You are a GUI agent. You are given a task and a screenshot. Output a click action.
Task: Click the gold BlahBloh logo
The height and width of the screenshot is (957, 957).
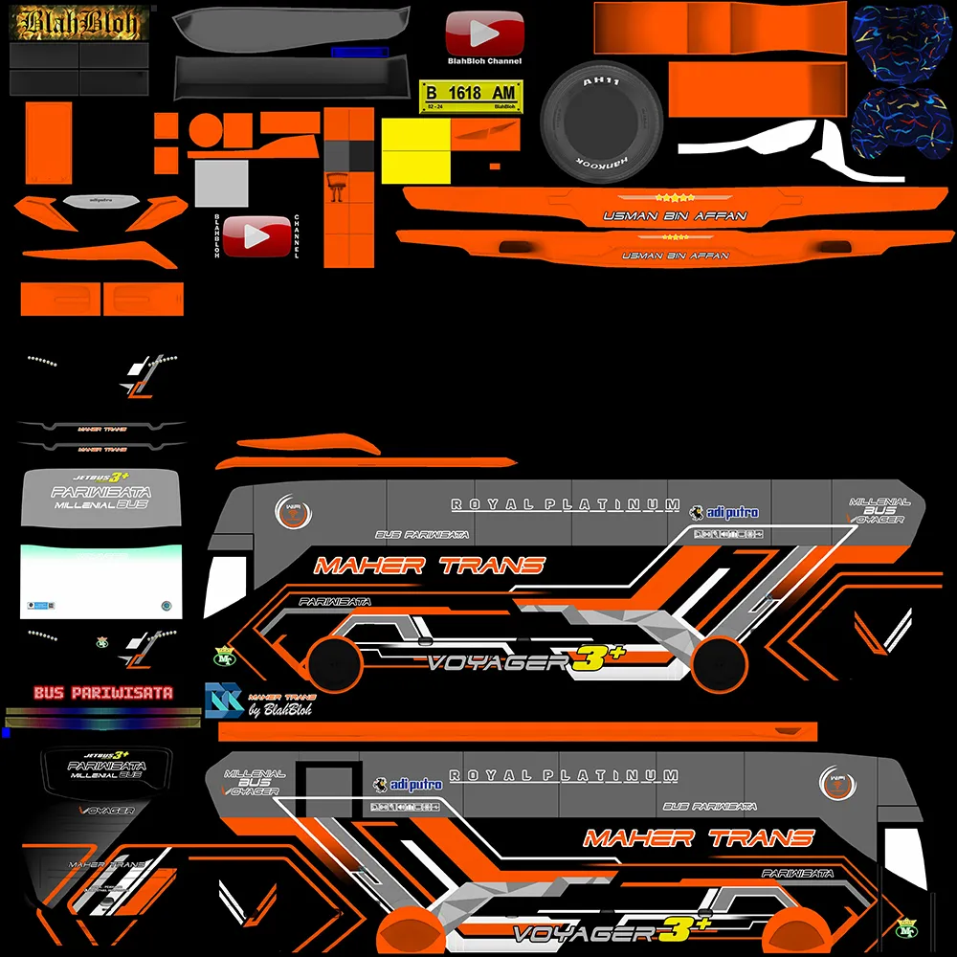pos(81,23)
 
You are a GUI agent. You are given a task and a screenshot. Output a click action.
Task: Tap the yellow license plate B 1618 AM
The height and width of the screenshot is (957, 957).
pos(470,95)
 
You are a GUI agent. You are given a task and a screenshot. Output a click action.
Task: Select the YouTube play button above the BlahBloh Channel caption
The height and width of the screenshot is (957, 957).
pos(485,33)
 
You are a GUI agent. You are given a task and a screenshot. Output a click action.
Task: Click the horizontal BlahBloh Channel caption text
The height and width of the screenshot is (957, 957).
pos(485,61)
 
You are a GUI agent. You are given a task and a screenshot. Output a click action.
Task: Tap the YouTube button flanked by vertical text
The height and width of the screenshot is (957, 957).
pos(255,235)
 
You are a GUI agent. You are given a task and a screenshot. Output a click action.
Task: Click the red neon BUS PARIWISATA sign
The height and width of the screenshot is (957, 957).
pos(102,693)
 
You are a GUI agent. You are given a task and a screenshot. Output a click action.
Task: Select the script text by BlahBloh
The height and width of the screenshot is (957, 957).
pos(280,710)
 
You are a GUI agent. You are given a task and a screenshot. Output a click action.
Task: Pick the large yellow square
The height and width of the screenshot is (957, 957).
pos(416,149)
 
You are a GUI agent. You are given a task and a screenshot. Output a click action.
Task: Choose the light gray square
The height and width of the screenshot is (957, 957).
pos(221,183)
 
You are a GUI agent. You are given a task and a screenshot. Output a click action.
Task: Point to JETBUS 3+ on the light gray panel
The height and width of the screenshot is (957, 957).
pos(100,477)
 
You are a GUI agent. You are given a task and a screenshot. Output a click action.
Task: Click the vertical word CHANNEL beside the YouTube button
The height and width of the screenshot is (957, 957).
pos(298,235)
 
